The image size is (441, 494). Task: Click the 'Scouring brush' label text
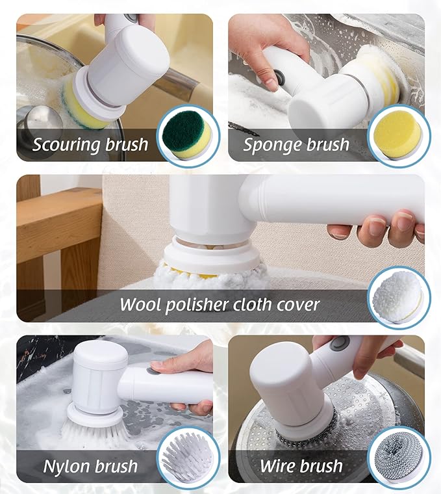click(90, 144)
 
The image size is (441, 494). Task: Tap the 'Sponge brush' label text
click(296, 144)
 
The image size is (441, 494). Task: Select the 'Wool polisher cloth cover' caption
click(220, 304)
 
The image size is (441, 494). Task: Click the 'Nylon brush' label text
click(90, 465)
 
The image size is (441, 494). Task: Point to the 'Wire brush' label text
click(301, 465)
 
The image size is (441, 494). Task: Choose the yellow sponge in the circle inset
click(397, 135)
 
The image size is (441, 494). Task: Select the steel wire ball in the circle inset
click(397, 458)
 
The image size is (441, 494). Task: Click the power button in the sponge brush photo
click(281, 77)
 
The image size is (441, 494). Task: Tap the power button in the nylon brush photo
click(151, 370)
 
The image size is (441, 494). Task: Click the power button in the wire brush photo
click(338, 344)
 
